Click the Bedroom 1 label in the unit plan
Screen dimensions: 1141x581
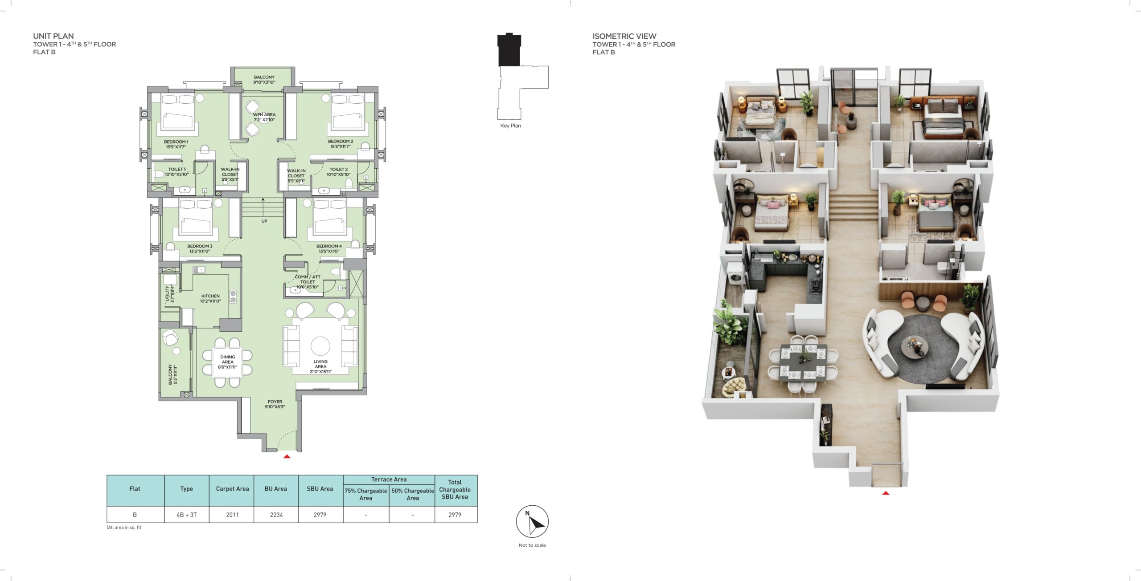176,144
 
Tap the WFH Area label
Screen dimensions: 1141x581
264,117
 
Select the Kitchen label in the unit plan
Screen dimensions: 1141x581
210,298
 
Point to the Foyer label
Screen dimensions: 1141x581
275,404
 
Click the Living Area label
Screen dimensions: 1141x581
320,366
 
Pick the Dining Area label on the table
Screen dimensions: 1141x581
228,362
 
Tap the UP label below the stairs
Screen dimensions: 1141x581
264,221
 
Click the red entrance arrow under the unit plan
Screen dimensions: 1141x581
287,456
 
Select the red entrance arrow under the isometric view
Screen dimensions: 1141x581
886,493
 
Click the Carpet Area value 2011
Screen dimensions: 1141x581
232,515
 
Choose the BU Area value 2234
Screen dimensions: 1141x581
276,515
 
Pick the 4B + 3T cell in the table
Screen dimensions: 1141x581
186,515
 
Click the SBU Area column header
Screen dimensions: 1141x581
320,489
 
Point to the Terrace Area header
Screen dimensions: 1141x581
389,479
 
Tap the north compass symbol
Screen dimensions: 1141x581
532,521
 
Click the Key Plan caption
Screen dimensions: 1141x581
510,126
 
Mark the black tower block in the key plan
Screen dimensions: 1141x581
509,50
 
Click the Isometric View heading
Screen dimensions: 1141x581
624,36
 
